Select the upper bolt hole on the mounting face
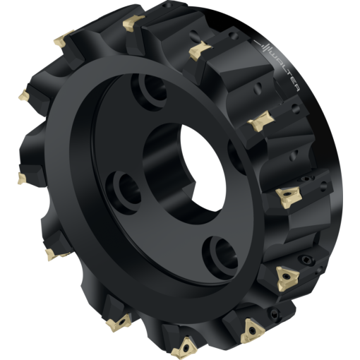point(149,92)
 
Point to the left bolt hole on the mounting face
point(124,193)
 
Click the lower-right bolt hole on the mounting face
point(220,258)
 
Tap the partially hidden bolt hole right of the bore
point(236,157)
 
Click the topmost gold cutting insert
point(133,23)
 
